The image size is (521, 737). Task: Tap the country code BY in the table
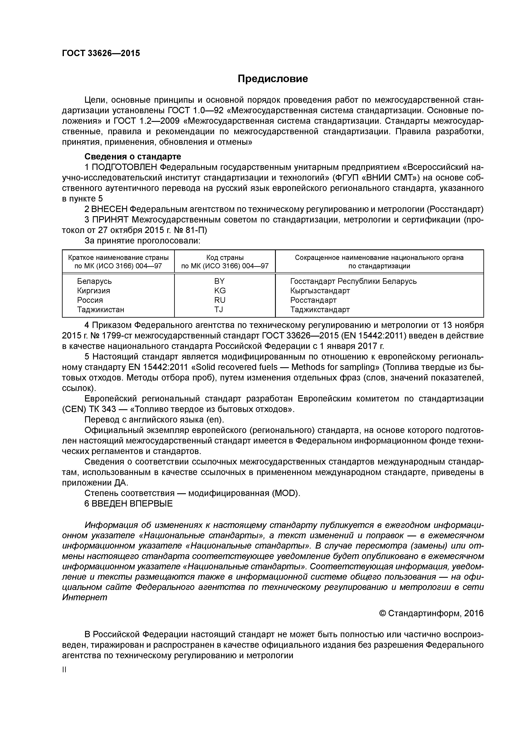click(219, 281)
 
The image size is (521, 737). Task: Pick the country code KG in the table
click(220, 291)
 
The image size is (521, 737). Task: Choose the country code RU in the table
click(220, 300)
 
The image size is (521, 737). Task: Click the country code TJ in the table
click(219, 309)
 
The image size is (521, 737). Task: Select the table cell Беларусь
click(94, 281)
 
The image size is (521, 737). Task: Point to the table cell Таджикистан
click(100, 309)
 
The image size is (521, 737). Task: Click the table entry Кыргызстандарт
click(320, 291)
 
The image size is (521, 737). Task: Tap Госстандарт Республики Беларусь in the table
click(353, 281)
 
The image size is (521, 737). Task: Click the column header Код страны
click(225, 257)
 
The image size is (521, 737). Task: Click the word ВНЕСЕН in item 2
click(109, 209)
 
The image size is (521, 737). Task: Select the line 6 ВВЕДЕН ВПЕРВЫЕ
click(128, 504)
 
